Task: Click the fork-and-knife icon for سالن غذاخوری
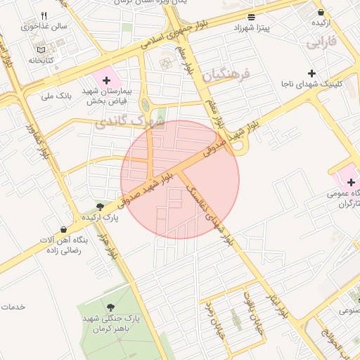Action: coord(44,15)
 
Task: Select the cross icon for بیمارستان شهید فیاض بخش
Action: coord(107,81)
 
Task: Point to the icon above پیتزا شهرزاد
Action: coord(252,16)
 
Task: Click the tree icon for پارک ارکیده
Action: coord(101,207)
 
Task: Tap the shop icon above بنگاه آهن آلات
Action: coord(65,229)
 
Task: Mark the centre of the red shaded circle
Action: coord(180,179)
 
